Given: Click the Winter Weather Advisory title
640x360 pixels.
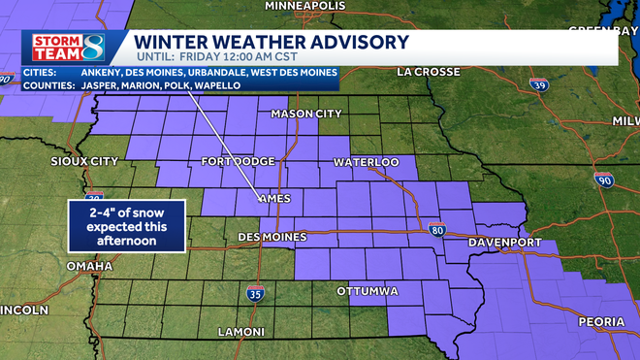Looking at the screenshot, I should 271,42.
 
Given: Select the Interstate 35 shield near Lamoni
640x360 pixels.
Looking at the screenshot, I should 255,292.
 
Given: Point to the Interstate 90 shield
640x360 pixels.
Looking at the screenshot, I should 604,180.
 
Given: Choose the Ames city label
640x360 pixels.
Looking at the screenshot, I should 275,199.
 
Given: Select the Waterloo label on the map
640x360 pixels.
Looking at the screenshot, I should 366,161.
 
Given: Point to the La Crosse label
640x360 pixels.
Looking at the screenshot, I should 432,71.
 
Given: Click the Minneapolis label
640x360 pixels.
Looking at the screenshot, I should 304,6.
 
